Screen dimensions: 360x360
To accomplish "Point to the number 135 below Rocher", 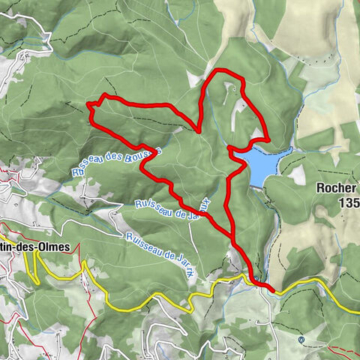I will click(348, 203).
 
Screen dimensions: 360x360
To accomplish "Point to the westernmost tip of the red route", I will click(88, 103).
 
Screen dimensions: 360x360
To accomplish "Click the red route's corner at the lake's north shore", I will click(267, 139).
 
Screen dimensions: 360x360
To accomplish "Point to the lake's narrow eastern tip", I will click(290, 151).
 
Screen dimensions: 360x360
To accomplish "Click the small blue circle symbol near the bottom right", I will click(301, 339).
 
